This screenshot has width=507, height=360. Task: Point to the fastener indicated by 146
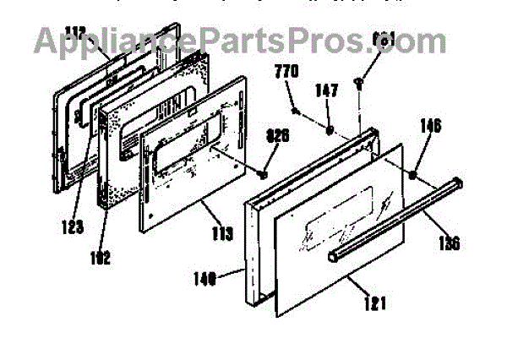(x=414, y=175)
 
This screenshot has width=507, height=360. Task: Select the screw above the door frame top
(x=361, y=81)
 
